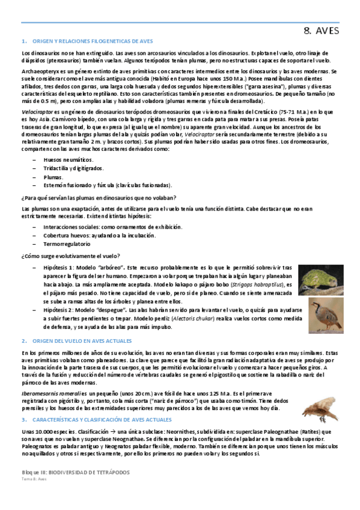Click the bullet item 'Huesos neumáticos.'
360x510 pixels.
[x=68, y=159]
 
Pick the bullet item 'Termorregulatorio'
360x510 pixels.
[x=67, y=244]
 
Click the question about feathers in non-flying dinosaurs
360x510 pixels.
[x=98, y=197]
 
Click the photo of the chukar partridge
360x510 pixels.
[x=323, y=315]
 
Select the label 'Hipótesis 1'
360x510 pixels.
[x=58, y=267]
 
